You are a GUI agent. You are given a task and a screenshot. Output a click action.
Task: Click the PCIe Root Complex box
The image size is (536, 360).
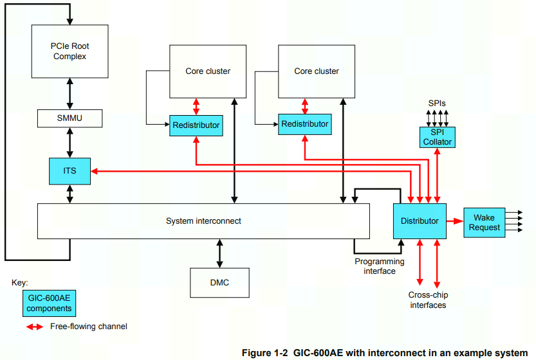click(69, 51)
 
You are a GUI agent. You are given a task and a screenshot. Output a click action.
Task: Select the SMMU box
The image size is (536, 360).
click(69, 118)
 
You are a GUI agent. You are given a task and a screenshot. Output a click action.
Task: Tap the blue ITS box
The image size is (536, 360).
click(69, 170)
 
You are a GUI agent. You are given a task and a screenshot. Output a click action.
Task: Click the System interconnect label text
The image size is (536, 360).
click(203, 221)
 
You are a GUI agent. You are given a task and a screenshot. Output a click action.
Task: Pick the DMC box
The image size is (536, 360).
click(219, 283)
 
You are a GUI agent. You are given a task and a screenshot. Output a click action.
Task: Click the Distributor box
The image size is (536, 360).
click(420, 221)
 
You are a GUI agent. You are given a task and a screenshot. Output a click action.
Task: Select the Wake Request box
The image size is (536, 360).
click(484, 222)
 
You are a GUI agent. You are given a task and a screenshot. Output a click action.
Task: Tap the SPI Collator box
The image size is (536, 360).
click(437, 137)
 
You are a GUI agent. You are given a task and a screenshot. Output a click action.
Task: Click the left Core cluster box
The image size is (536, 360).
click(208, 71)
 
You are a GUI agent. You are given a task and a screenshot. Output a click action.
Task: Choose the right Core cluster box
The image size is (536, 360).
click(316, 71)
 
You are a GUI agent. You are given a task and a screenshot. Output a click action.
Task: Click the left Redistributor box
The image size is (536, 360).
click(196, 125)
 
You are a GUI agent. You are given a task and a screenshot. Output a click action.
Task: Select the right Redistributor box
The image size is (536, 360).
click(304, 124)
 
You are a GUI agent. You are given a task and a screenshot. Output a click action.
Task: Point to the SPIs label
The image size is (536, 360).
click(437, 103)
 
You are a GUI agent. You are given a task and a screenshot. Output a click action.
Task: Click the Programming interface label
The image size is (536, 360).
click(380, 266)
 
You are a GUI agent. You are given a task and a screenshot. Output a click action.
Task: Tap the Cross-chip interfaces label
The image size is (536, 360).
click(428, 300)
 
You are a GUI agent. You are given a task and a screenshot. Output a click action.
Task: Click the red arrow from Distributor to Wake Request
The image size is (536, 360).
click(454, 221)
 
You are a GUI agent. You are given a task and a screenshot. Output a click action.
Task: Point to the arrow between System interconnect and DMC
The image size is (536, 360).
click(219, 253)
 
